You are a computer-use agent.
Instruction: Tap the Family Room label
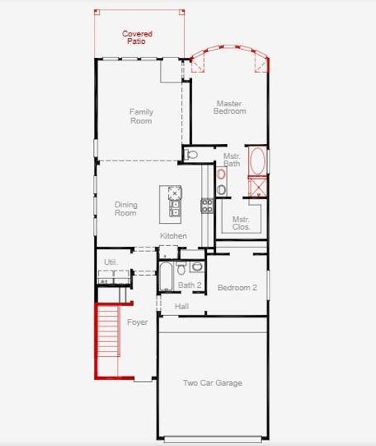pyautogui.click(x=141, y=115)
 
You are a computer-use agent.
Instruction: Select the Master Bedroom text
pyautogui.click(x=231, y=107)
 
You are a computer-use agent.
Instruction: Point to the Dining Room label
pyautogui.click(x=126, y=209)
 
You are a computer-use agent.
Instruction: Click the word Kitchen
pyautogui.click(x=173, y=236)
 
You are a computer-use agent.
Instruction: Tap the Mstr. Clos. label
pyautogui.click(x=240, y=223)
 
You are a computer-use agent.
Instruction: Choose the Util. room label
pyautogui.click(x=111, y=262)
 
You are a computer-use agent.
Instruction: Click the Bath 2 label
pyautogui.click(x=189, y=285)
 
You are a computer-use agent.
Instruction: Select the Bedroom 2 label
pyautogui.click(x=237, y=288)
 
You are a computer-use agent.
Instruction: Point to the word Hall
pyautogui.click(x=182, y=306)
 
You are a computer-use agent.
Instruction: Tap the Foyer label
pyautogui.click(x=137, y=323)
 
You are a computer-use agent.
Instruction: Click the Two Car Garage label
pyautogui.click(x=212, y=383)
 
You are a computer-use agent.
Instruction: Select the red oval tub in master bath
pyautogui.click(x=257, y=161)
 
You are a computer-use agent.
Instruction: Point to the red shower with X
pyautogui.click(x=257, y=186)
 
